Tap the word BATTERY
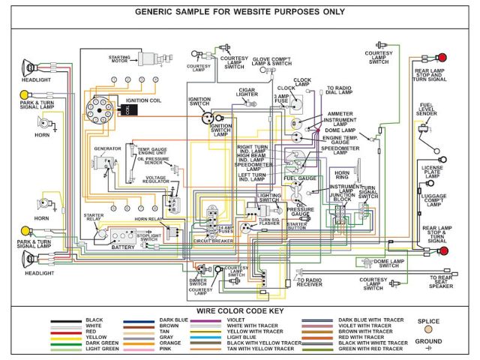click(123, 247)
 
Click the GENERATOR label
click(106, 148)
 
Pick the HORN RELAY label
click(148, 219)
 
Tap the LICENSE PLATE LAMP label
click(433, 172)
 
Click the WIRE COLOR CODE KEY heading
click(241, 310)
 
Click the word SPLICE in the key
click(428, 322)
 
